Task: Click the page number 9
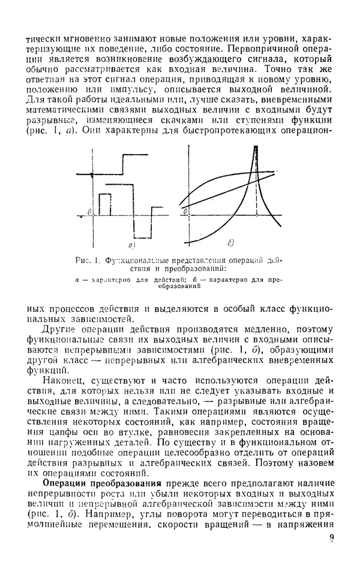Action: [x=331, y=557]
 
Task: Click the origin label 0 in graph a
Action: [x=88, y=211]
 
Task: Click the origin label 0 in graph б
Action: [x=186, y=211]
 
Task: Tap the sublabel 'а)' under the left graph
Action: [x=131, y=245]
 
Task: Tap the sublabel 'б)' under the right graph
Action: [x=231, y=242]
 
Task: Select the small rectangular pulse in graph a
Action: [x=104, y=203]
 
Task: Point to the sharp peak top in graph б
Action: [x=256, y=152]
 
